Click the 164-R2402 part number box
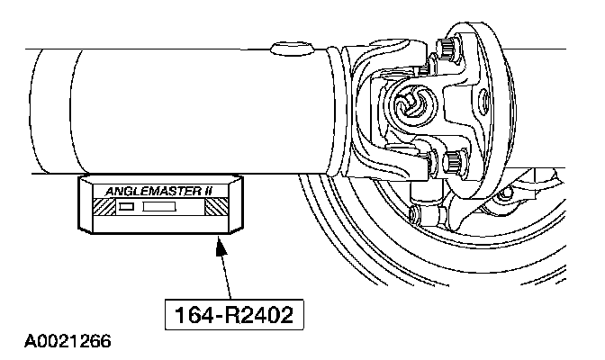[x=230, y=316]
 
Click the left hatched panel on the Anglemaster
[x=99, y=207]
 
